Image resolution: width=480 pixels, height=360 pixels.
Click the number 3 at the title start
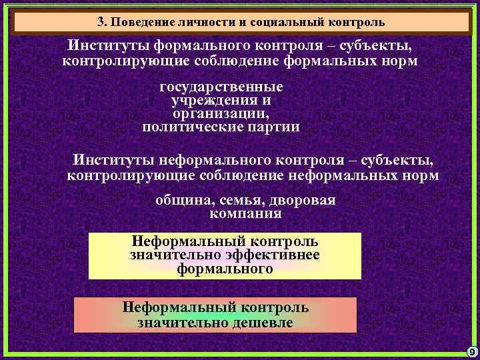(101, 21)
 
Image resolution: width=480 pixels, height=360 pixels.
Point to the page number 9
(471, 351)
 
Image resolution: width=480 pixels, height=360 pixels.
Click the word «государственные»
(221, 87)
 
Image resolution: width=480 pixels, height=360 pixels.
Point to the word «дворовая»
(302, 201)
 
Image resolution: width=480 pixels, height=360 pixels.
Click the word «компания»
(245, 215)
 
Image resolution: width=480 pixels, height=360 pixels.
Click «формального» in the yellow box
(225, 269)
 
